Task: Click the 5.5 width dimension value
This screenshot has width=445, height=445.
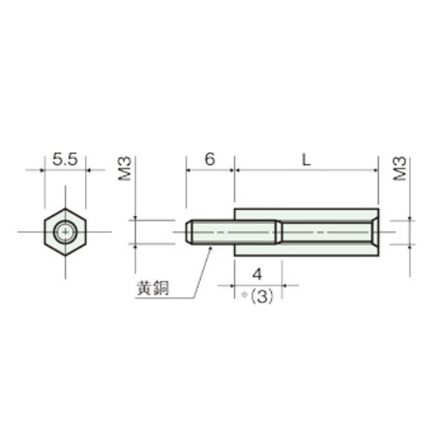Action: (65, 159)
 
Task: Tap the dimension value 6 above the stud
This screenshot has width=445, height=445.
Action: (210, 159)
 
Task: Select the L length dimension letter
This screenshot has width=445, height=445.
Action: (306, 160)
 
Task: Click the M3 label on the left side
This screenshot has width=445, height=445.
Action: (125, 168)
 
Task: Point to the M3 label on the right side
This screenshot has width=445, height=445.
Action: (400, 168)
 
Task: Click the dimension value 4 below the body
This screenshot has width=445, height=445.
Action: (257, 274)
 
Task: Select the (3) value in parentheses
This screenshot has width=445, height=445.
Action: (262, 296)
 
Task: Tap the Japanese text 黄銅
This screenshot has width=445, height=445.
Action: (153, 288)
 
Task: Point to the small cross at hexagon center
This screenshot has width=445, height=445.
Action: (66, 232)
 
